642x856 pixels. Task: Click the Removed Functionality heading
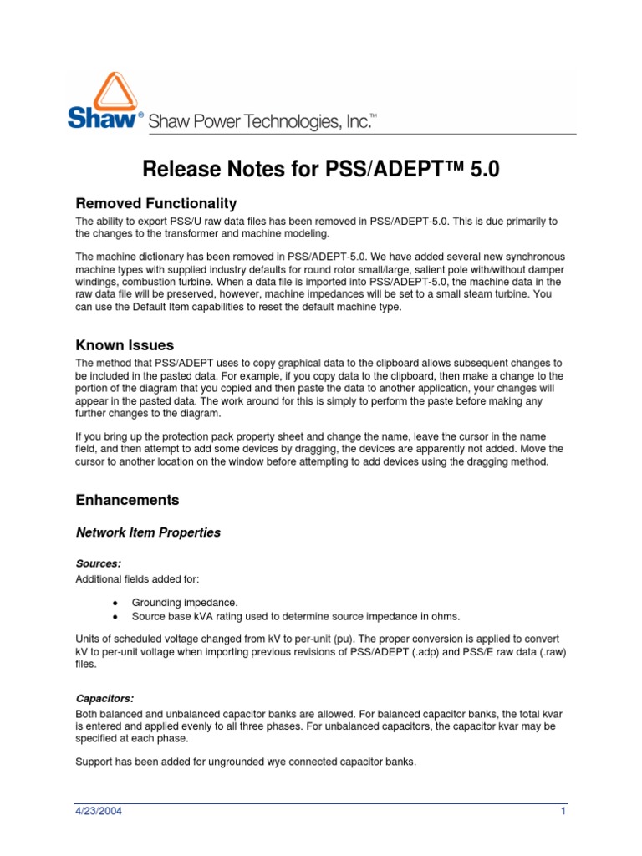tap(156, 203)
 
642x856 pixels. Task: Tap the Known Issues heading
tap(125, 344)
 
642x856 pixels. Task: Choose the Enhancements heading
tap(127, 500)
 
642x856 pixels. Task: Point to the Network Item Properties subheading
tap(149, 532)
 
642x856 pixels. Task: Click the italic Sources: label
tap(98, 564)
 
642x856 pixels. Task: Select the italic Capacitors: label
tap(104, 697)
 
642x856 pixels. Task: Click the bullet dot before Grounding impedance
tap(115, 603)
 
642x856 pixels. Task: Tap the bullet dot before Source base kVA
tap(115, 616)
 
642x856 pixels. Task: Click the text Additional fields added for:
tap(134, 578)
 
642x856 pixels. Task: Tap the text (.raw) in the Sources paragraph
tap(549, 651)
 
